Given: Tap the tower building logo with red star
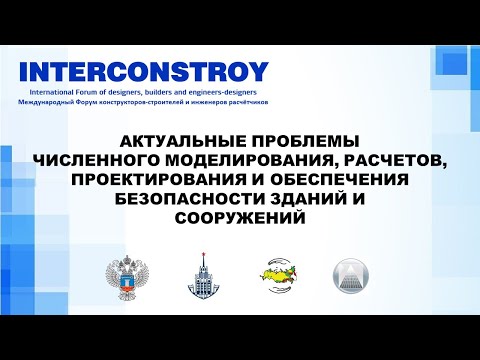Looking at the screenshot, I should point(199,277).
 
